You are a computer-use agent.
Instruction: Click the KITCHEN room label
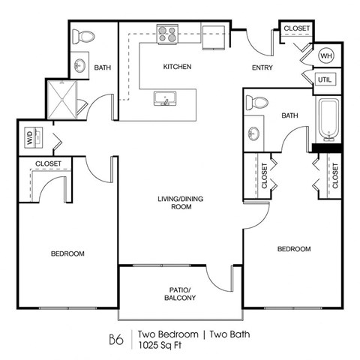point(178,67)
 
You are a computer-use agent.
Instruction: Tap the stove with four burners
point(166,33)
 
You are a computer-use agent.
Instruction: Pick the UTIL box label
point(325,79)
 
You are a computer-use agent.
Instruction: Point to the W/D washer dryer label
point(30,137)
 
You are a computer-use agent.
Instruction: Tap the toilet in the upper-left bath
point(85,35)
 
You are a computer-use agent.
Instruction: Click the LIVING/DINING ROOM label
point(180,203)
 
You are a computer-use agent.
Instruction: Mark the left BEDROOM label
point(67,254)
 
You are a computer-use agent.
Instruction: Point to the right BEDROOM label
point(293,248)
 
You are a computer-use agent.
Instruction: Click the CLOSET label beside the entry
point(296,28)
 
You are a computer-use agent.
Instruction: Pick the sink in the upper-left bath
point(81,64)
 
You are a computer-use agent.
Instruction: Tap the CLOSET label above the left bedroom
point(48,163)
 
